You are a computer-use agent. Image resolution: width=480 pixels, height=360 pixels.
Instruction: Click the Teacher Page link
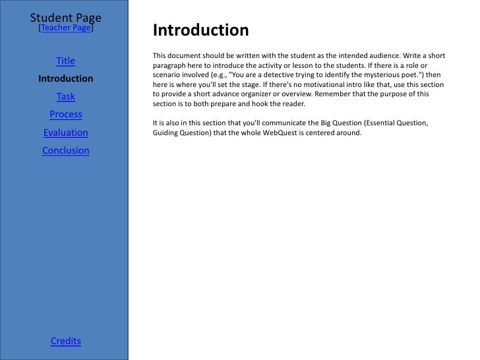click(x=66, y=28)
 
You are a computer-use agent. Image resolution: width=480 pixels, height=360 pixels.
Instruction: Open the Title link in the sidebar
click(x=66, y=61)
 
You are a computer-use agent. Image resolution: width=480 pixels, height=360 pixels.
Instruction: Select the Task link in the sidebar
click(x=66, y=97)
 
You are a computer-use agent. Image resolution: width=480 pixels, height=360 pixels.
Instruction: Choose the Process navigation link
click(x=66, y=115)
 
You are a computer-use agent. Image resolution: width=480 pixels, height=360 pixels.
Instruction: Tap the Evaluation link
click(x=66, y=133)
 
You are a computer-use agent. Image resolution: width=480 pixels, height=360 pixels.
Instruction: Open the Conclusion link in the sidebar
click(x=66, y=150)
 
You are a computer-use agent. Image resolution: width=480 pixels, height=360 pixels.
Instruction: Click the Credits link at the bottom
click(x=66, y=341)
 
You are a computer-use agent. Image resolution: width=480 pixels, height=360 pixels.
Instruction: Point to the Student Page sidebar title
click(x=66, y=16)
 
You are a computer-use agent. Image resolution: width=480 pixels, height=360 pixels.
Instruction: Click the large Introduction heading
click(x=200, y=30)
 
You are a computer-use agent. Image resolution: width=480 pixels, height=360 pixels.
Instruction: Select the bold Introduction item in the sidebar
click(x=66, y=79)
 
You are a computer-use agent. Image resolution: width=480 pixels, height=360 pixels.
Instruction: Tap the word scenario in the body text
click(x=167, y=76)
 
